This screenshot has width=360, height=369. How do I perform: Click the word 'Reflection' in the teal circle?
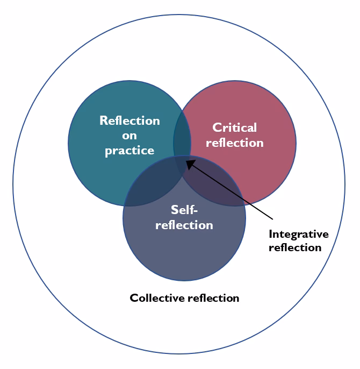129,120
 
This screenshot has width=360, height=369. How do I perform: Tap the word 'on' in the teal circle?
129,136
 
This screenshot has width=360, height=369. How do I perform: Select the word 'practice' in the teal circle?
129,151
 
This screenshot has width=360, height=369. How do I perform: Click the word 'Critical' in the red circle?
235,127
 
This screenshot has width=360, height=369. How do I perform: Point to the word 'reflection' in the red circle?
235,143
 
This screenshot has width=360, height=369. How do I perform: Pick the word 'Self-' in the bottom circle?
184,209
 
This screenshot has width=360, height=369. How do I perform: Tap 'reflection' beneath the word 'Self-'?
184,224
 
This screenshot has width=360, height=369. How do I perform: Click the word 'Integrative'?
298,234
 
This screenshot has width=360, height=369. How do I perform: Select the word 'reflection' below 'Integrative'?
294,247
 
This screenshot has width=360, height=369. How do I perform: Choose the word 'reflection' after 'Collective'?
212,297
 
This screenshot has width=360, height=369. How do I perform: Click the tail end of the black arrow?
273,218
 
